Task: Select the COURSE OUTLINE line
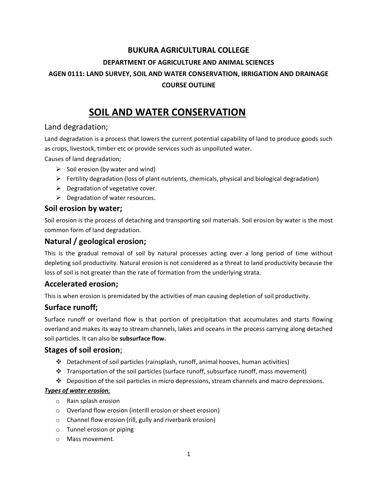[188, 85]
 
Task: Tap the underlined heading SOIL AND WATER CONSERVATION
[167, 112]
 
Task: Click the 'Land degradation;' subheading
[76, 127]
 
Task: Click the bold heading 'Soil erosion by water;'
[83, 209]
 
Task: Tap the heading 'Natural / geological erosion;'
[95, 241]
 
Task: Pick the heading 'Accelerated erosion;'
[81, 284]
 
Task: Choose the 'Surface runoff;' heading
[71, 308]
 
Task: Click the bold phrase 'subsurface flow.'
[143, 339]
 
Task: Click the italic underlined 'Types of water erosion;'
[77, 391]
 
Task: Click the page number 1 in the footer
[189, 454]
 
